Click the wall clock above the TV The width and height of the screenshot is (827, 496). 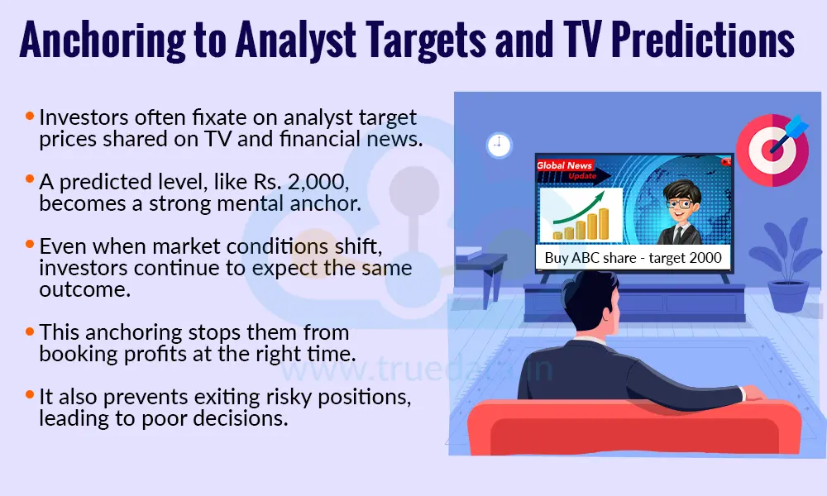[x=499, y=145]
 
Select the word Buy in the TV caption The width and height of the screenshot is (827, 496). [x=557, y=258]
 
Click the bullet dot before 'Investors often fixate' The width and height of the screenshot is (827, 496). [x=31, y=117]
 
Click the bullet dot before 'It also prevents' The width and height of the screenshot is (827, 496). [x=31, y=397]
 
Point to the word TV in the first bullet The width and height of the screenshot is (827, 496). [x=245, y=139]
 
